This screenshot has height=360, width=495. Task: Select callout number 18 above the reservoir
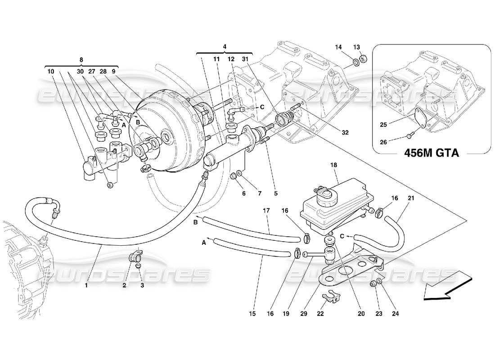point(333,165)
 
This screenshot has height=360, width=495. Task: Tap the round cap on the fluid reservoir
point(324,195)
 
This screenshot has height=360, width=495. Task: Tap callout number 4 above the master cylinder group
point(225,46)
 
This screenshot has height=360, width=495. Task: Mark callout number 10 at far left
point(49,71)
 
